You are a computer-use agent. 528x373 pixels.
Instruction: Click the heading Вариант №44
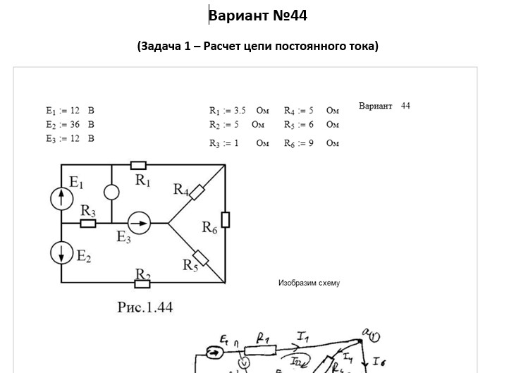[x=257, y=16]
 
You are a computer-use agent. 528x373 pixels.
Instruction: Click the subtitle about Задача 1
[x=257, y=47]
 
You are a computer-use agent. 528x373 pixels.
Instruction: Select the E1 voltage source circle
[x=62, y=198]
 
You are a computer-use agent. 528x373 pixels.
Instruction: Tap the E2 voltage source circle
[x=62, y=252]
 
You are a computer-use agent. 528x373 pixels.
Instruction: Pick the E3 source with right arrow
[x=139, y=224]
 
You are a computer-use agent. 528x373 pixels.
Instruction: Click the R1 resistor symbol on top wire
[x=139, y=165]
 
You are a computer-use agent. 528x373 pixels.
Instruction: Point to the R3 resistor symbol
[x=88, y=224]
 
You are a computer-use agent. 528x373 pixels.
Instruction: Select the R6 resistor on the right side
[x=226, y=219]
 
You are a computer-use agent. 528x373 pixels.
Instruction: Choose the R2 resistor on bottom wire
[x=142, y=283]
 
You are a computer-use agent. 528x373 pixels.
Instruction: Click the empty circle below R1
[x=112, y=192]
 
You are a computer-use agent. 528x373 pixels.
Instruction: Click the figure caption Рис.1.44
[x=145, y=307]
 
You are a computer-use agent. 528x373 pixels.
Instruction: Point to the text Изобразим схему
[x=309, y=283]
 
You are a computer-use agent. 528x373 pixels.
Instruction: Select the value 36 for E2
[x=75, y=124]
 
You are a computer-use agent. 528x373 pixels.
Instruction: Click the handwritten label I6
[x=379, y=361]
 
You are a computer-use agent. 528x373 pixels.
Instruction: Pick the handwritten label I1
[x=303, y=338]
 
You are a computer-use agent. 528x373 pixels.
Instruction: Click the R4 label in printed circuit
[x=181, y=189]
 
